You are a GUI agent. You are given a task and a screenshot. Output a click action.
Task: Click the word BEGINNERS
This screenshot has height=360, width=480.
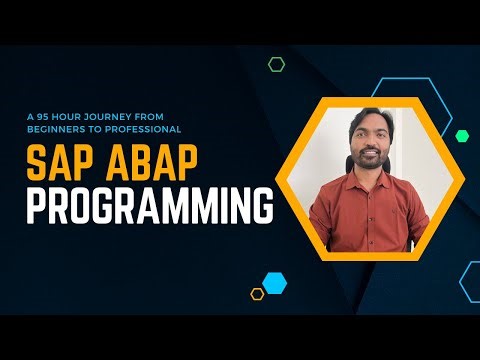[60, 130]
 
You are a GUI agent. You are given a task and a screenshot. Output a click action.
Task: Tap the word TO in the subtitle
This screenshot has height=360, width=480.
[103, 130]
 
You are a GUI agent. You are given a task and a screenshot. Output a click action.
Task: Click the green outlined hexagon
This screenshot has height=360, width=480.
[277, 64]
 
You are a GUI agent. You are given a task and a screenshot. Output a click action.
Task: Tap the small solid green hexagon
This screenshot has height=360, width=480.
[462, 135]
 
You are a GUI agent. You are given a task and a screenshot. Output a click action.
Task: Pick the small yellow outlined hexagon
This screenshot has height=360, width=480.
[257, 294]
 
